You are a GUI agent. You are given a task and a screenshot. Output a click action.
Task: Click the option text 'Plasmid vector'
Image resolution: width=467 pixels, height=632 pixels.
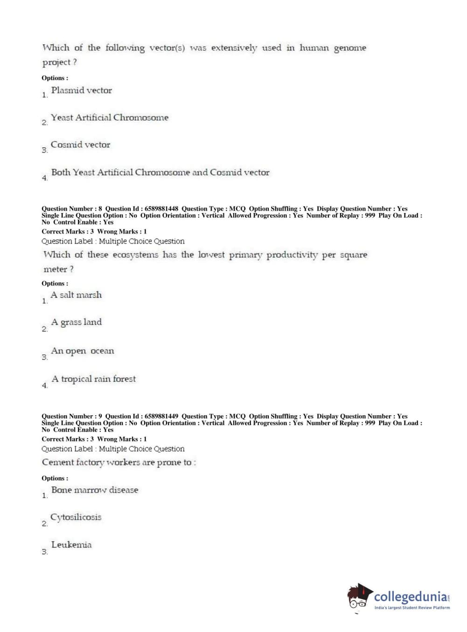point(82,90)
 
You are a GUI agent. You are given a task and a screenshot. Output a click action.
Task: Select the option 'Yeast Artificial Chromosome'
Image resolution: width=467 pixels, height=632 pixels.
point(110,117)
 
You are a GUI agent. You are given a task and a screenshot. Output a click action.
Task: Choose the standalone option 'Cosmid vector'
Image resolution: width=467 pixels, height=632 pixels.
point(81,145)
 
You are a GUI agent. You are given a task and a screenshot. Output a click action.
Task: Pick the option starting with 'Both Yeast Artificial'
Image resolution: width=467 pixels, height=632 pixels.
point(160,172)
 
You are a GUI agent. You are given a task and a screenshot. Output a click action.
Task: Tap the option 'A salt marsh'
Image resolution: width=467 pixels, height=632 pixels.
point(76,295)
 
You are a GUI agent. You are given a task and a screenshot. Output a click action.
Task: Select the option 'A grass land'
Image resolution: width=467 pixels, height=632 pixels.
point(77,322)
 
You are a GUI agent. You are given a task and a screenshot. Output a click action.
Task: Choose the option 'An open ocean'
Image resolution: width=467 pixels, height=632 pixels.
point(83,351)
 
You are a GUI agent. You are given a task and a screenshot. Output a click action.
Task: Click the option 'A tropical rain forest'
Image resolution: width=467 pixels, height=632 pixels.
point(94,379)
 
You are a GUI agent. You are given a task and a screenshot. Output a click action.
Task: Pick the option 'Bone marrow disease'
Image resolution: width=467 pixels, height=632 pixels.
point(95,490)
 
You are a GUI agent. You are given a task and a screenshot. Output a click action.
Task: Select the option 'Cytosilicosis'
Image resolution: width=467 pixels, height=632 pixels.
point(76,517)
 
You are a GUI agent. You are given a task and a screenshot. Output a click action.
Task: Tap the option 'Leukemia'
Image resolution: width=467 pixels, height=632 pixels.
point(71,545)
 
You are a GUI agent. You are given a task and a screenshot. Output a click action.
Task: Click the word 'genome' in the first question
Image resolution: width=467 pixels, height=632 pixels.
point(350,48)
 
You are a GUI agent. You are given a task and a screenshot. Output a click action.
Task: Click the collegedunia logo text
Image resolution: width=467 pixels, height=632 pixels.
point(410,597)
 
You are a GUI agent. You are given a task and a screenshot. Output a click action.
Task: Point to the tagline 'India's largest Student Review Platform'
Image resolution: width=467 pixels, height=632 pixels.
point(412,608)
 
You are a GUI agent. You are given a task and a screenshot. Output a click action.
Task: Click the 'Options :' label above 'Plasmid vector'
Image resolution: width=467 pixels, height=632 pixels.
point(55,78)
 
